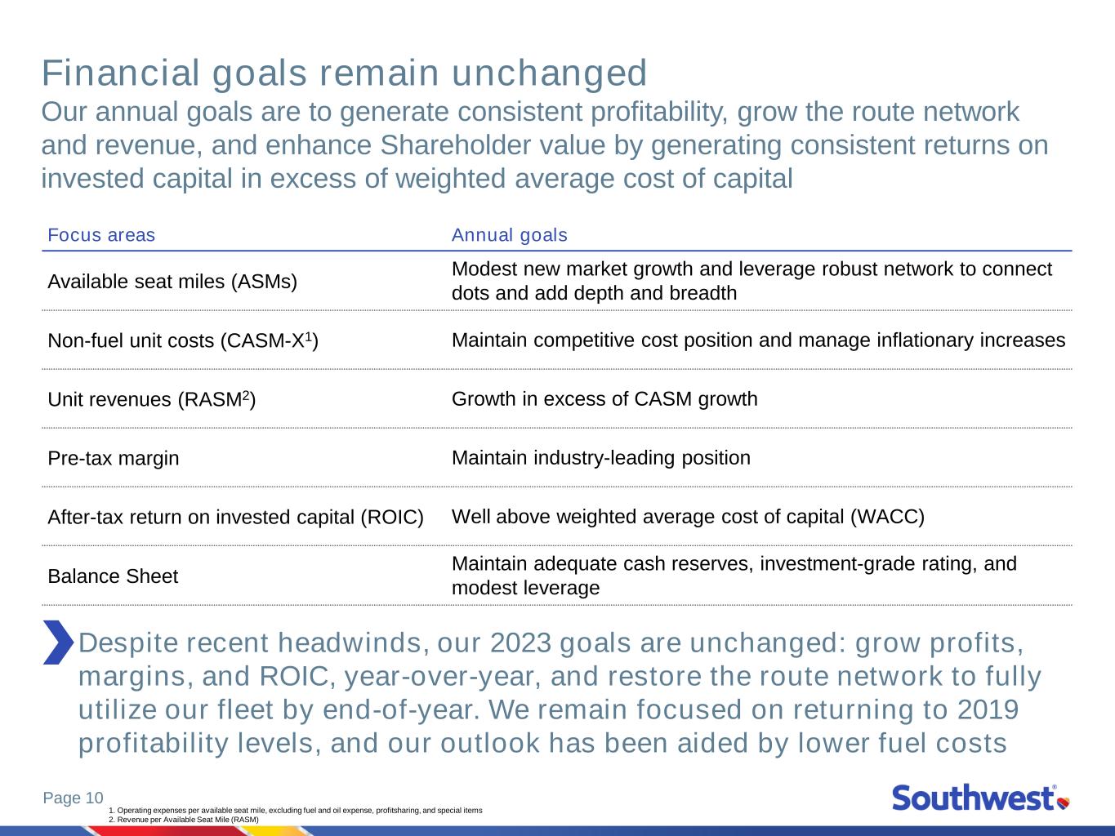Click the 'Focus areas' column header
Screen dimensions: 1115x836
[101, 235]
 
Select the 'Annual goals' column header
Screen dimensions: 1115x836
[510, 235]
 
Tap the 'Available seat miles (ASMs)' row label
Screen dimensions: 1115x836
[172, 282]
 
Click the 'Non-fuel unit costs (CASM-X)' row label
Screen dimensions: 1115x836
[183, 340]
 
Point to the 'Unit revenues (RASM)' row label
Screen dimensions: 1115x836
[151, 399]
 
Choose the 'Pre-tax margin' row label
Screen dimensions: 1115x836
[114, 458]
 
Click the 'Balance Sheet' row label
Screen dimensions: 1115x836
[113, 576]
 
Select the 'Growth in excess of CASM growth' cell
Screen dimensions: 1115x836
[604, 399]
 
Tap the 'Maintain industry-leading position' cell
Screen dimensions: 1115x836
[601, 458]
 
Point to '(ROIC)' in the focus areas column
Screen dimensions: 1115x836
[391, 518]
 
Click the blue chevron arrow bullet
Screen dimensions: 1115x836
[59, 642]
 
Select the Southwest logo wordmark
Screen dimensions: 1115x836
[973, 798]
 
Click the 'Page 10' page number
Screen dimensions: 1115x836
[74, 798]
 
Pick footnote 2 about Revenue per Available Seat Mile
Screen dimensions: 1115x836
[184, 819]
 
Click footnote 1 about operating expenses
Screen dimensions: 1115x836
[296, 810]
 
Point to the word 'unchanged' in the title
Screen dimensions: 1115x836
[549, 73]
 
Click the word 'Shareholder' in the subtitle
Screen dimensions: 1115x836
[493, 145]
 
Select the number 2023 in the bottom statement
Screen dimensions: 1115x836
[520, 643]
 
